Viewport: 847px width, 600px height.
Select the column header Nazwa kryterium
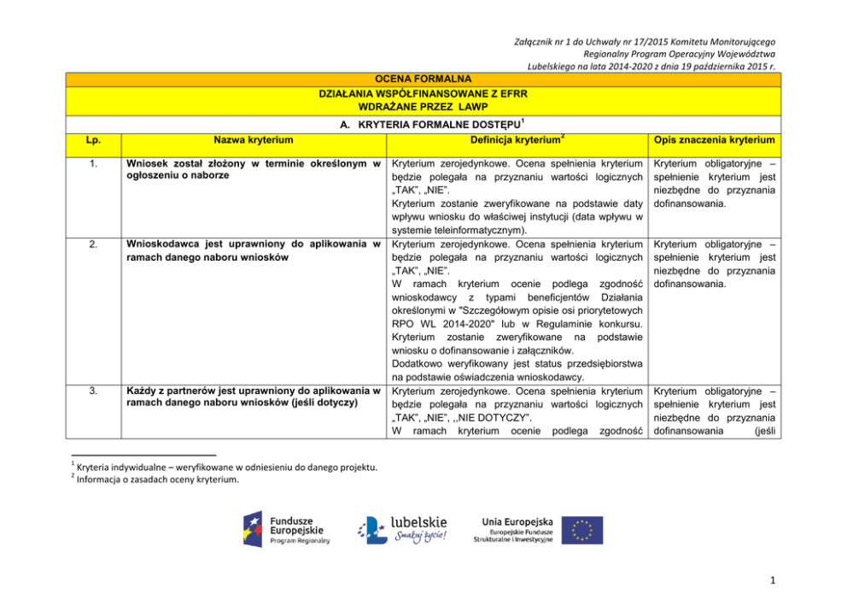(254, 139)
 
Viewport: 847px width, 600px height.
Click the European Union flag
(581, 530)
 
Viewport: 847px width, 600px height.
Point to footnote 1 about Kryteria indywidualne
(226, 466)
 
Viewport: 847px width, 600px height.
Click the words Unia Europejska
(517, 521)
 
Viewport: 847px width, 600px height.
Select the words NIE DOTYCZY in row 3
(494, 417)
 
